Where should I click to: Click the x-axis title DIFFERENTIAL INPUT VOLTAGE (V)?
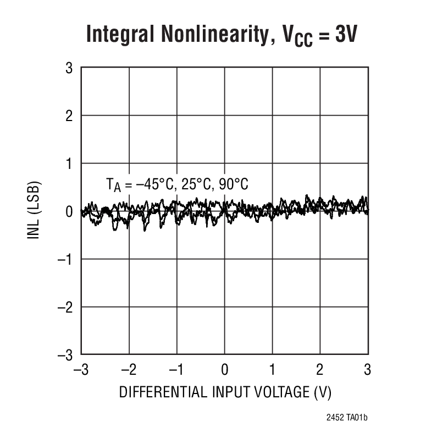[225, 392]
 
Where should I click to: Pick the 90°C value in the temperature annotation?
[233, 184]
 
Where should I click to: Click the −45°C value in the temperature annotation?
[153, 184]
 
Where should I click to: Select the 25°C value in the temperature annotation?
[195, 184]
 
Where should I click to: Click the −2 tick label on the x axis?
[129, 369]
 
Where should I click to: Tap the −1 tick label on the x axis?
[176, 369]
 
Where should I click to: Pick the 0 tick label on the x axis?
[225, 369]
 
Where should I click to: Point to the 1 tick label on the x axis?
[273, 369]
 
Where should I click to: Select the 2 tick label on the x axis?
[320, 369]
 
